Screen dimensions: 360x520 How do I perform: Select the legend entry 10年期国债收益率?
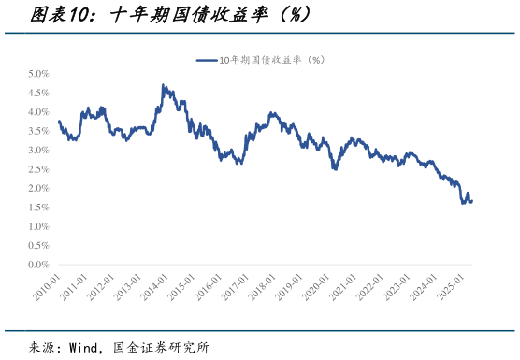click(270, 60)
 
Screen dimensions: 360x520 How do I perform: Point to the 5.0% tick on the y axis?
click(37, 73)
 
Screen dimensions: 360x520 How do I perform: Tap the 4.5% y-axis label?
click(37, 93)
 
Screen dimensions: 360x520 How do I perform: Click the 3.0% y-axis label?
click(37, 150)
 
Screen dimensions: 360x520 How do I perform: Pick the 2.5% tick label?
click(37, 169)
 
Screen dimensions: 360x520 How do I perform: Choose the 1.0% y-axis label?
click(37, 226)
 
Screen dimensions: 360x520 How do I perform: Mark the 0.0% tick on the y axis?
click(37, 265)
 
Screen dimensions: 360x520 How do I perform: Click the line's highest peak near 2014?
click(163, 85)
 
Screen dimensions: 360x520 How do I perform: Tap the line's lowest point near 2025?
click(463, 203)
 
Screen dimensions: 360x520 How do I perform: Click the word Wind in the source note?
click(82, 347)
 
